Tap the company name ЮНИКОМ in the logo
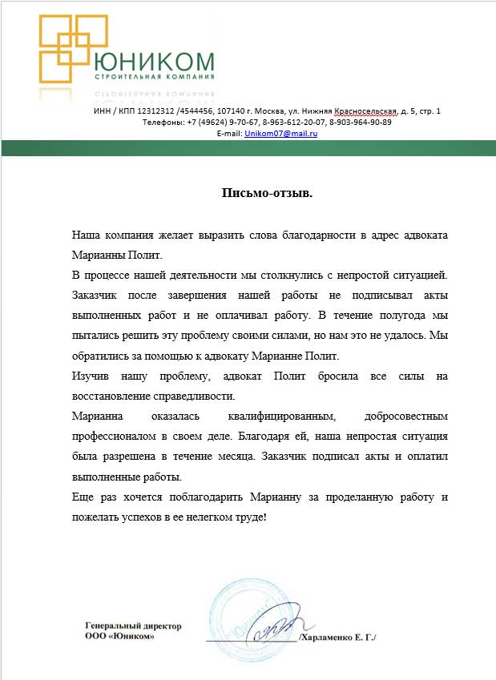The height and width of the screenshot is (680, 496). point(155,62)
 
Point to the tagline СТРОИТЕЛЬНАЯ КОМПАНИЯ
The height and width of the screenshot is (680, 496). point(155,78)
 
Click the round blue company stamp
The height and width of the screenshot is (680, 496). point(255,621)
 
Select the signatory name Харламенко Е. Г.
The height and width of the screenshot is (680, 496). point(337,637)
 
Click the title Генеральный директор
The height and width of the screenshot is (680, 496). point(134,626)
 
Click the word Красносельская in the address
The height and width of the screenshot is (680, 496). point(367,111)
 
